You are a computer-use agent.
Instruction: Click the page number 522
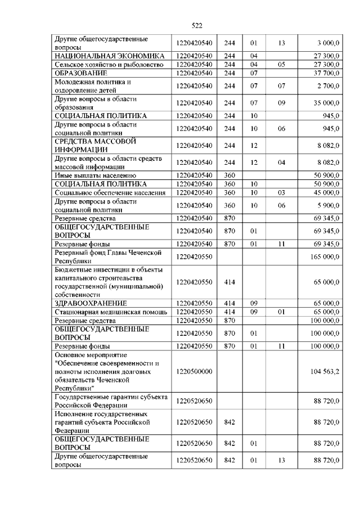point(197,25)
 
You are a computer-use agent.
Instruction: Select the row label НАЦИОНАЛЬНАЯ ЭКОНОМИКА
point(109,57)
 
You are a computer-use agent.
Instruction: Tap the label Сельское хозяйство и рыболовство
point(108,65)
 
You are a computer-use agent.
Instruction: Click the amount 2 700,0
point(328,85)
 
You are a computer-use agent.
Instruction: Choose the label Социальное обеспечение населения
point(110,193)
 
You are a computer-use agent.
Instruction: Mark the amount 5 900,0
point(328,205)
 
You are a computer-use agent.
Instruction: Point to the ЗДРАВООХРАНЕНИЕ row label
point(89,303)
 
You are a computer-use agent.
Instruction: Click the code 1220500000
point(193,372)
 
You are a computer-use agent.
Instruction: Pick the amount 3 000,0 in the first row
point(328,43)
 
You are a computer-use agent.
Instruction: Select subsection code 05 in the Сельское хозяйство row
point(281,65)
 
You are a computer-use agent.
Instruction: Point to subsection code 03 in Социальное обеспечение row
point(281,193)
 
